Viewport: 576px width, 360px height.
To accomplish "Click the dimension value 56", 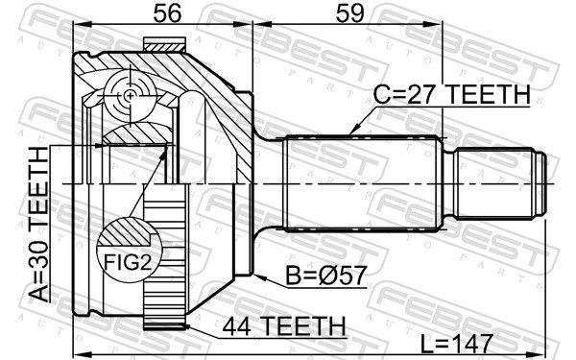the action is tap(167, 13).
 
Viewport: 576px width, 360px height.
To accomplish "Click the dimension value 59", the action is tap(349, 13).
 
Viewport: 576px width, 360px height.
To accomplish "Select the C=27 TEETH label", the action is tap(451, 94).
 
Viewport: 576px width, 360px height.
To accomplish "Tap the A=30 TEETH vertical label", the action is tap(39, 224).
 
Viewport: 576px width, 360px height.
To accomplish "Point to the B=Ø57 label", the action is tap(326, 276).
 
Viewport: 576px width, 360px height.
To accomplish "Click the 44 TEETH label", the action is tap(284, 325).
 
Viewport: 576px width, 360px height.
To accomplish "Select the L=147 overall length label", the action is tap(456, 345).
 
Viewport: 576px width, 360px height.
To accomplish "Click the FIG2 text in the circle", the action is tap(128, 262).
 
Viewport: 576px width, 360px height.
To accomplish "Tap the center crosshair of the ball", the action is tap(130, 96).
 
